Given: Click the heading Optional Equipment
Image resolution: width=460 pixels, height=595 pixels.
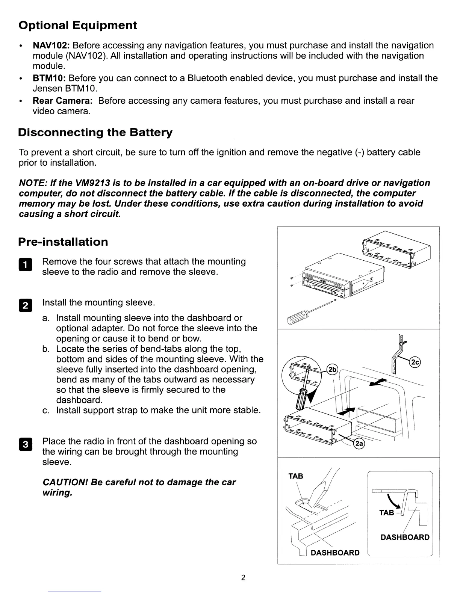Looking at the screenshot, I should point(77,26).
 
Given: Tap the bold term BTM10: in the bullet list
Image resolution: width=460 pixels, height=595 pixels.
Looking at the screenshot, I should point(49,78).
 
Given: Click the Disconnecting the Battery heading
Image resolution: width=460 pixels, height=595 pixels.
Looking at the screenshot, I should point(95,133).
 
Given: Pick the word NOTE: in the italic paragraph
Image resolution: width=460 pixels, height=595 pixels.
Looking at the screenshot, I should point(32,183).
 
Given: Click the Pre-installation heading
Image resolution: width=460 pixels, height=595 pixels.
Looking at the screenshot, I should point(63,242).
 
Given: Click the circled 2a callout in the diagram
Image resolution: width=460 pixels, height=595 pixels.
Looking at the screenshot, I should point(359,444).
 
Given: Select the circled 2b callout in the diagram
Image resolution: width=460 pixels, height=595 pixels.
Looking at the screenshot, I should point(332,369).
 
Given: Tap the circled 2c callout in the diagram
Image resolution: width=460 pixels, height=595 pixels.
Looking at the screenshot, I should point(415,362).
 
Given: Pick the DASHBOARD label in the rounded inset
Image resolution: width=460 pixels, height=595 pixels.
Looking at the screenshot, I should point(405,537).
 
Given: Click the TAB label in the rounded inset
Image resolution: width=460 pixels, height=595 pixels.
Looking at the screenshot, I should point(386,513).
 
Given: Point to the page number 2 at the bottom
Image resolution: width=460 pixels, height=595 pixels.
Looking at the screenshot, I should point(243,577).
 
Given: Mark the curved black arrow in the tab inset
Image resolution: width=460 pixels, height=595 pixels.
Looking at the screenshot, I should point(394,502).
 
